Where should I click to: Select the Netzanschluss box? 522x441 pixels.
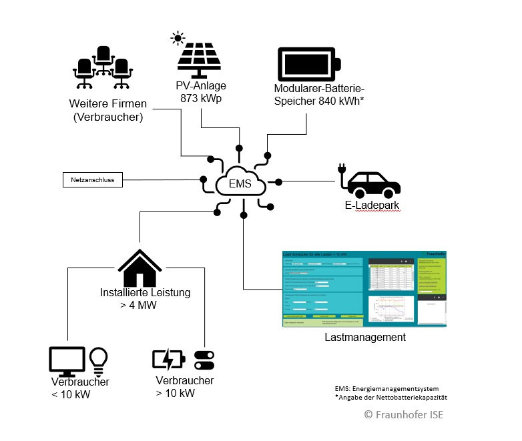point(93,179)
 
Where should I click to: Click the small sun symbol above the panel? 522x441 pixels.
point(178,37)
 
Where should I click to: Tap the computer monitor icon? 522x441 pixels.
point(67,361)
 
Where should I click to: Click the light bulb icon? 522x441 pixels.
point(98,361)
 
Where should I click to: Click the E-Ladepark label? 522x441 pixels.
point(372,206)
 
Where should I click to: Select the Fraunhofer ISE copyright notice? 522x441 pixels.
point(403,414)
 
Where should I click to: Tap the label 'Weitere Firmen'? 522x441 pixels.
point(107,105)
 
